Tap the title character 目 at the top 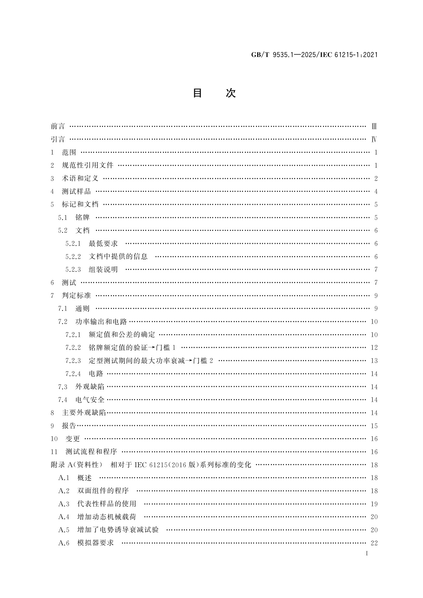point(197,93)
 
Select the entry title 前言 point(58,126)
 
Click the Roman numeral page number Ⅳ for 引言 point(374,139)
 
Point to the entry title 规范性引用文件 point(88,165)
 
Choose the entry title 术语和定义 point(80,179)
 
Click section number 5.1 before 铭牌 point(63,218)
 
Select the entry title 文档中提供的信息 point(118,257)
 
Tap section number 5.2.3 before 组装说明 point(73,270)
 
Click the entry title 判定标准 point(76,296)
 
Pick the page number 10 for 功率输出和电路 point(374,322)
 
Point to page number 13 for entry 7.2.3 point(374,361)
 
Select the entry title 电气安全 point(90,400)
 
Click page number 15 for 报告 point(374,426)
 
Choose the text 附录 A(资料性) point(77,465)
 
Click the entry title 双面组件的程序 point(103,491)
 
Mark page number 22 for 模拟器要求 point(374,543)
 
